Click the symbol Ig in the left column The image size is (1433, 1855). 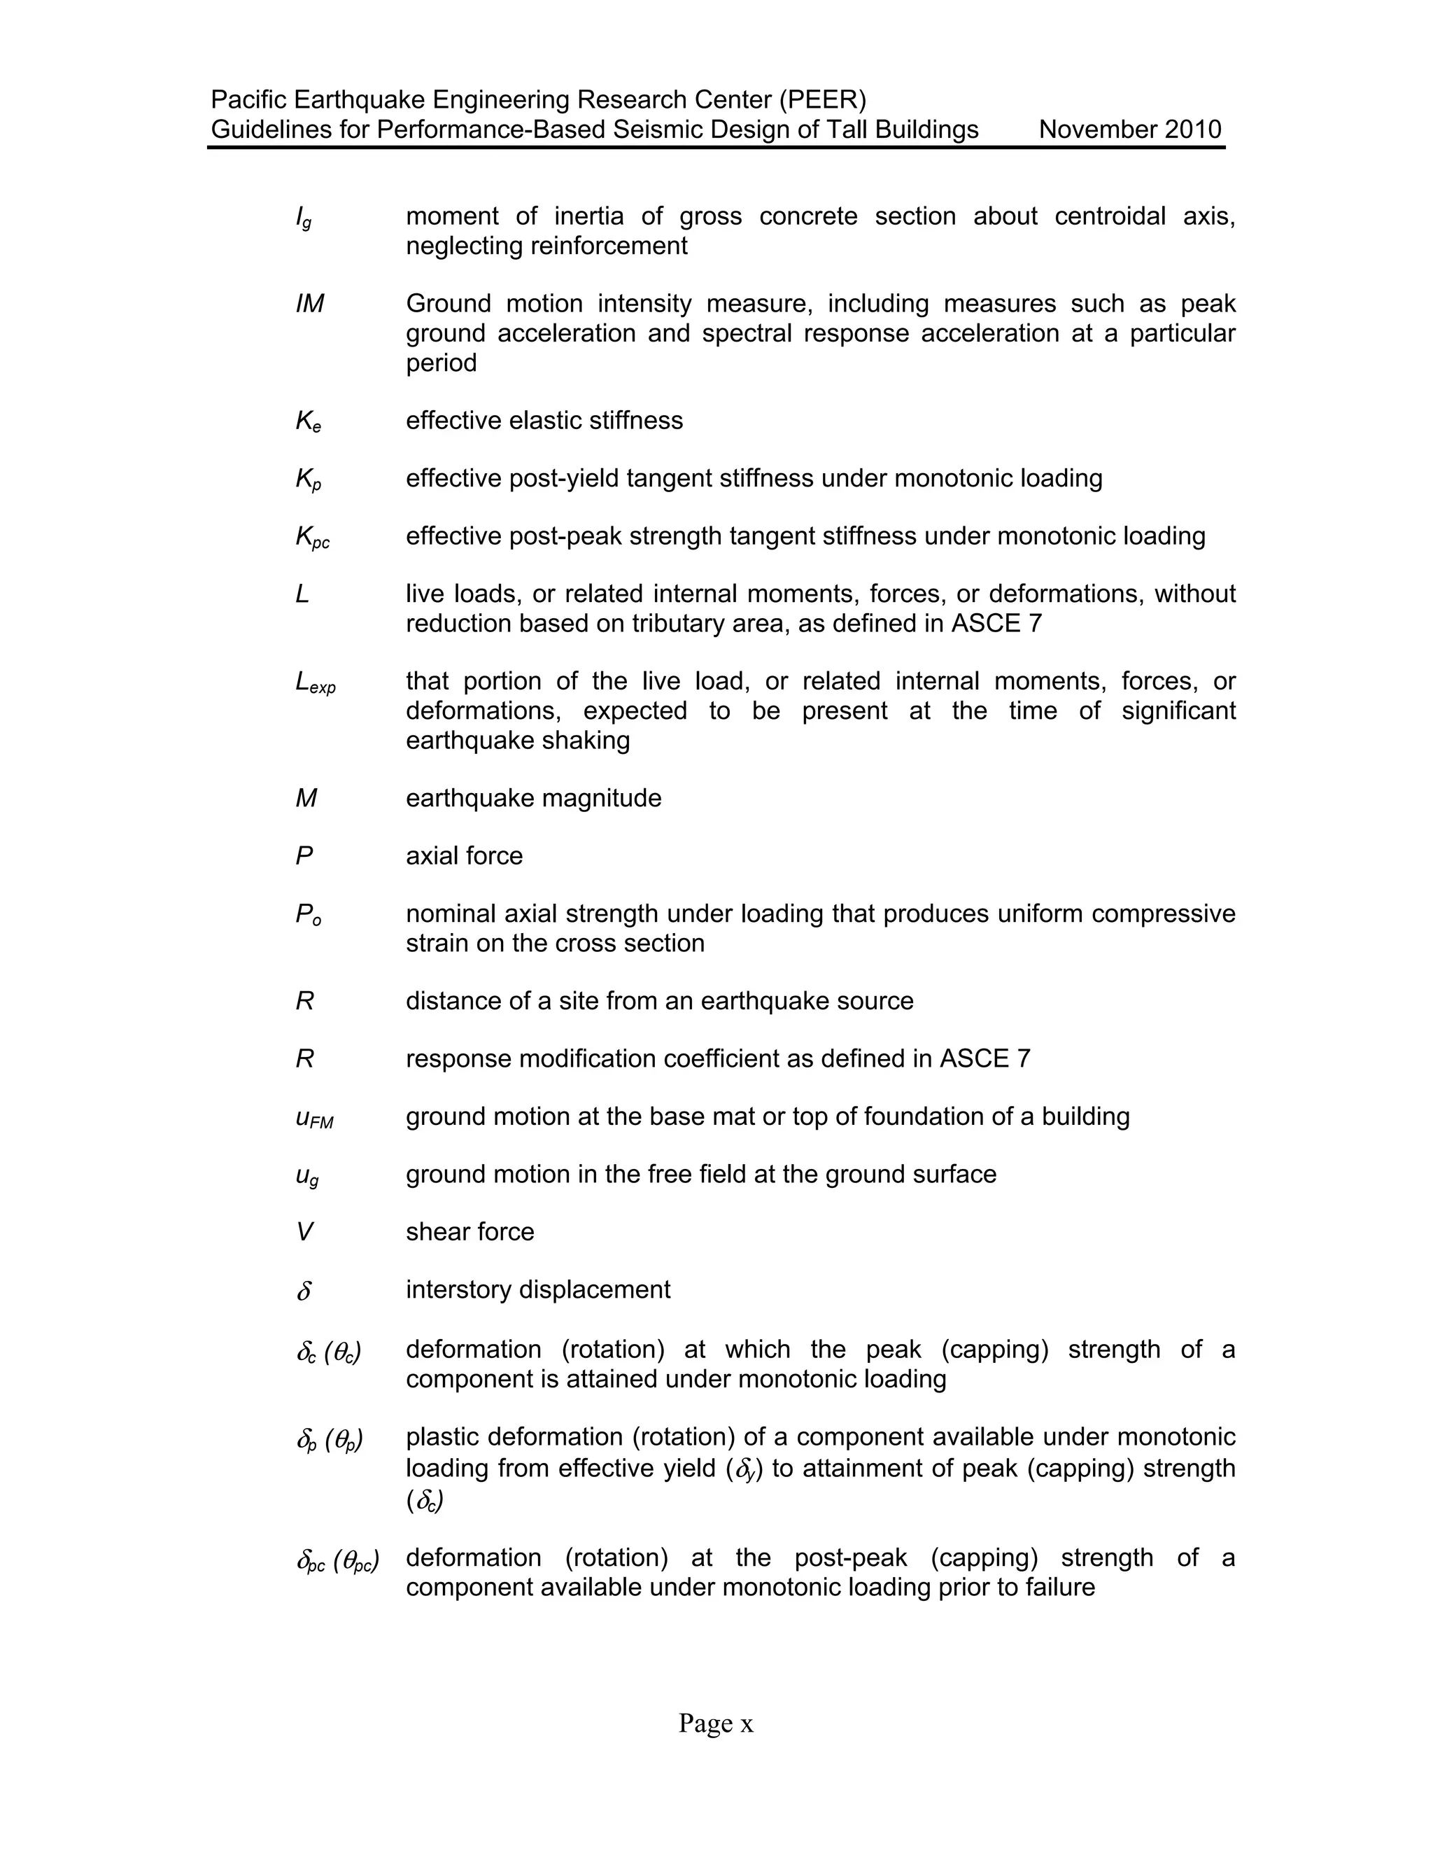(303, 218)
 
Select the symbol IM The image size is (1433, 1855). (310, 304)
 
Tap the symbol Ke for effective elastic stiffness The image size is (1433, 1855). (308, 421)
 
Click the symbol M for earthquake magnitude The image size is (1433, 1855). (306, 799)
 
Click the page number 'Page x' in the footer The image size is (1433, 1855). (716, 1723)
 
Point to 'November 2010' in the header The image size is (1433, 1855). (1130, 130)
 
